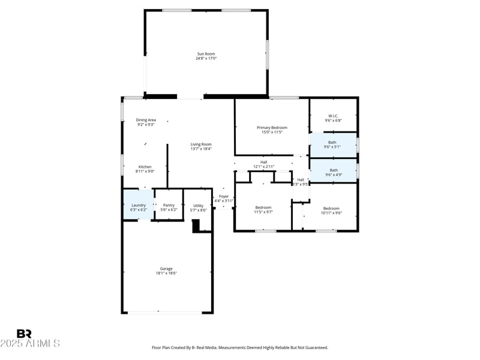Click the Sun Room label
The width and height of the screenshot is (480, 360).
[206, 53]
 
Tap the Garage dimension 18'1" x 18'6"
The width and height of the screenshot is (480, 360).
[166, 273]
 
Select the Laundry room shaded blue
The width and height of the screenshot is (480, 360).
[138, 205]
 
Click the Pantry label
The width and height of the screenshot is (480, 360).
[169, 205]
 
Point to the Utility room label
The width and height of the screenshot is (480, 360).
[198, 205]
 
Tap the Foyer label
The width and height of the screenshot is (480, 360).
[224, 196]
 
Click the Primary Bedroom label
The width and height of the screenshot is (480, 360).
[272, 127]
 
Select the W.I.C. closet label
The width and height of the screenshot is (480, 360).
[333, 116]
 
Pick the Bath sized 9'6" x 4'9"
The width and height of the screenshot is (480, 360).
[333, 170]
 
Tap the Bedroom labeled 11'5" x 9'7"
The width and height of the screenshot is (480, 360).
[263, 208]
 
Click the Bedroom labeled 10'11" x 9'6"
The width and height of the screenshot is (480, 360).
[331, 208]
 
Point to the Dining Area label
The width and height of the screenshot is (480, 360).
[146, 120]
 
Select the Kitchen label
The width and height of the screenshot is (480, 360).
[145, 167]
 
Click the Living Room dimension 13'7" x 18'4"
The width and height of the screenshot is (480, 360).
[201, 149]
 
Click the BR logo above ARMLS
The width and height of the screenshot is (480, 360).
[24, 334]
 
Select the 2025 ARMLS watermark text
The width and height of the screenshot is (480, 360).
[30, 344]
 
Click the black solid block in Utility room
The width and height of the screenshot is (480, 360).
[196, 226]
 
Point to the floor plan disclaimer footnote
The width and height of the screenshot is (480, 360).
[239, 347]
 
